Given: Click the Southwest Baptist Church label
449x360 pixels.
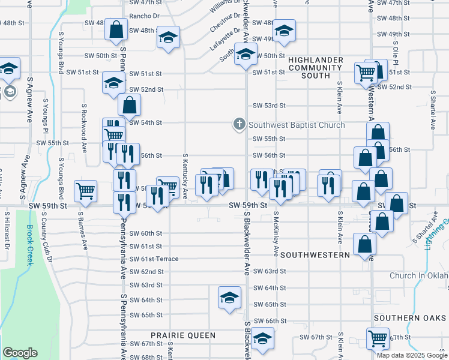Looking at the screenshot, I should tap(297, 125).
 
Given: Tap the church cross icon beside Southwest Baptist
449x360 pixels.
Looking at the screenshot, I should tap(239, 125).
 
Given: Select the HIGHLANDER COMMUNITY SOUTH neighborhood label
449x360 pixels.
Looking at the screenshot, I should tap(315, 68).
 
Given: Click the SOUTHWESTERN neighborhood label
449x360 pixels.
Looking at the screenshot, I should tap(315, 255).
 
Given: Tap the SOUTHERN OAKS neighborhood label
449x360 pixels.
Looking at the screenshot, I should tap(411, 317).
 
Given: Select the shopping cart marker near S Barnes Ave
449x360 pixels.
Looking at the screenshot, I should tap(86, 191).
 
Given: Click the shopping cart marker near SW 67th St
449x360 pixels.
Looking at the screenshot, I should tap(378, 338).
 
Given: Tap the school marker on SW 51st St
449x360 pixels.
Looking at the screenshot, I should tap(113, 83).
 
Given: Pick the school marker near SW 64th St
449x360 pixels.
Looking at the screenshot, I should tap(229, 298).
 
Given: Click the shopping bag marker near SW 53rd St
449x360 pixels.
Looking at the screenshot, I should tap(129, 105).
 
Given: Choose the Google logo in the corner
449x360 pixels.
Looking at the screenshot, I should tap(20, 353).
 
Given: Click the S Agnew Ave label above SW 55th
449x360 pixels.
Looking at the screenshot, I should tap(29, 100).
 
